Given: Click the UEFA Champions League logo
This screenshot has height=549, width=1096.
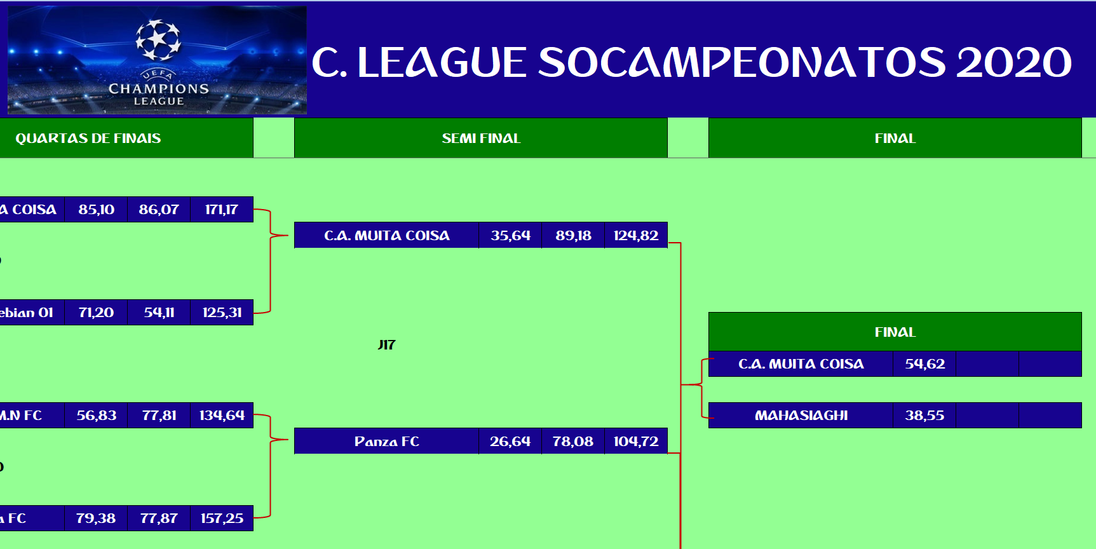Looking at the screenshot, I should pyautogui.click(x=158, y=60).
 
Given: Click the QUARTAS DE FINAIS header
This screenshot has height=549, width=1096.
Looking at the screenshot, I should pyautogui.click(x=88, y=138).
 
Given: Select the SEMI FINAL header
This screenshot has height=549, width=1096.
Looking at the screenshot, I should pyautogui.click(x=481, y=138).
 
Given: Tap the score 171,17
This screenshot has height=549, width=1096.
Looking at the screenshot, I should pyautogui.click(x=222, y=210).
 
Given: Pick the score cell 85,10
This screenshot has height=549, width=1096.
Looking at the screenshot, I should pyautogui.click(x=97, y=210).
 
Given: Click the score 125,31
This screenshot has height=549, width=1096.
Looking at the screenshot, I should pyautogui.click(x=222, y=313).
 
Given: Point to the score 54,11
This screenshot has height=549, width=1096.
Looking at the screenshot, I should pyautogui.click(x=159, y=313).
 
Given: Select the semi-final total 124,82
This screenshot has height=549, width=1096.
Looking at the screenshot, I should pyautogui.click(x=635, y=236).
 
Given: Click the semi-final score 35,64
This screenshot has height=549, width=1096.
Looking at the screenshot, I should pyautogui.click(x=510, y=236).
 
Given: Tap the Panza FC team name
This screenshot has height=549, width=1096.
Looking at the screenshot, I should pyautogui.click(x=386, y=442).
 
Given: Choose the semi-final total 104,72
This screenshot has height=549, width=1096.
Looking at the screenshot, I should pyautogui.click(x=635, y=442).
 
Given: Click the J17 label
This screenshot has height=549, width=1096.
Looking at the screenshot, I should pyautogui.click(x=386, y=345).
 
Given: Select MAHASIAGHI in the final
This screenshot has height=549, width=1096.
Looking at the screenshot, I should pyautogui.click(x=801, y=416).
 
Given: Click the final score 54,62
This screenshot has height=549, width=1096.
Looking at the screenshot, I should pyautogui.click(x=924, y=364).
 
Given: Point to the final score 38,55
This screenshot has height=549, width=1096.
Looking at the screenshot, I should pyautogui.click(x=924, y=416).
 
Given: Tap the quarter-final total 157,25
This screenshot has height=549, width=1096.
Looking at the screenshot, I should pyautogui.click(x=222, y=518).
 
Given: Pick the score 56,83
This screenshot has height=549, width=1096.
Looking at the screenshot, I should pyautogui.click(x=97, y=416).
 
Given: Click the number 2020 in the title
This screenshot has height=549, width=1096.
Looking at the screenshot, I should pyautogui.click(x=1014, y=62).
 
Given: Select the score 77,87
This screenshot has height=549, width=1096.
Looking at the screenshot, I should pyautogui.click(x=159, y=518).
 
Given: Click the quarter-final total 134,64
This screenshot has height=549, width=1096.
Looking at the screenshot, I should pyautogui.click(x=222, y=416).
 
